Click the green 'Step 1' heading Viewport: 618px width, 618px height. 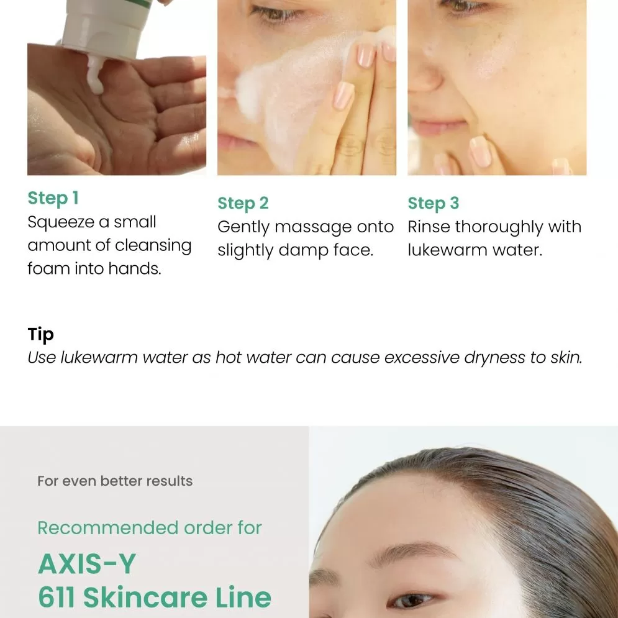[x=53, y=198]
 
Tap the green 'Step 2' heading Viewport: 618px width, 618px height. [x=243, y=203]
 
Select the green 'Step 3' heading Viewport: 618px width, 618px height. [x=433, y=203]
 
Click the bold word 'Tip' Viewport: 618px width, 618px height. [x=40, y=335]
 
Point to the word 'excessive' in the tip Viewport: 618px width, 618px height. [x=422, y=358]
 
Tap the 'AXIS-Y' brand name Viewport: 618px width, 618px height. [x=87, y=563]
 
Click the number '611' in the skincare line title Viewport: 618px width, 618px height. [x=57, y=598]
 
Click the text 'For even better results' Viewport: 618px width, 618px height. [x=115, y=481]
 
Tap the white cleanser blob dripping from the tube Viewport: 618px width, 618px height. [x=96, y=75]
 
